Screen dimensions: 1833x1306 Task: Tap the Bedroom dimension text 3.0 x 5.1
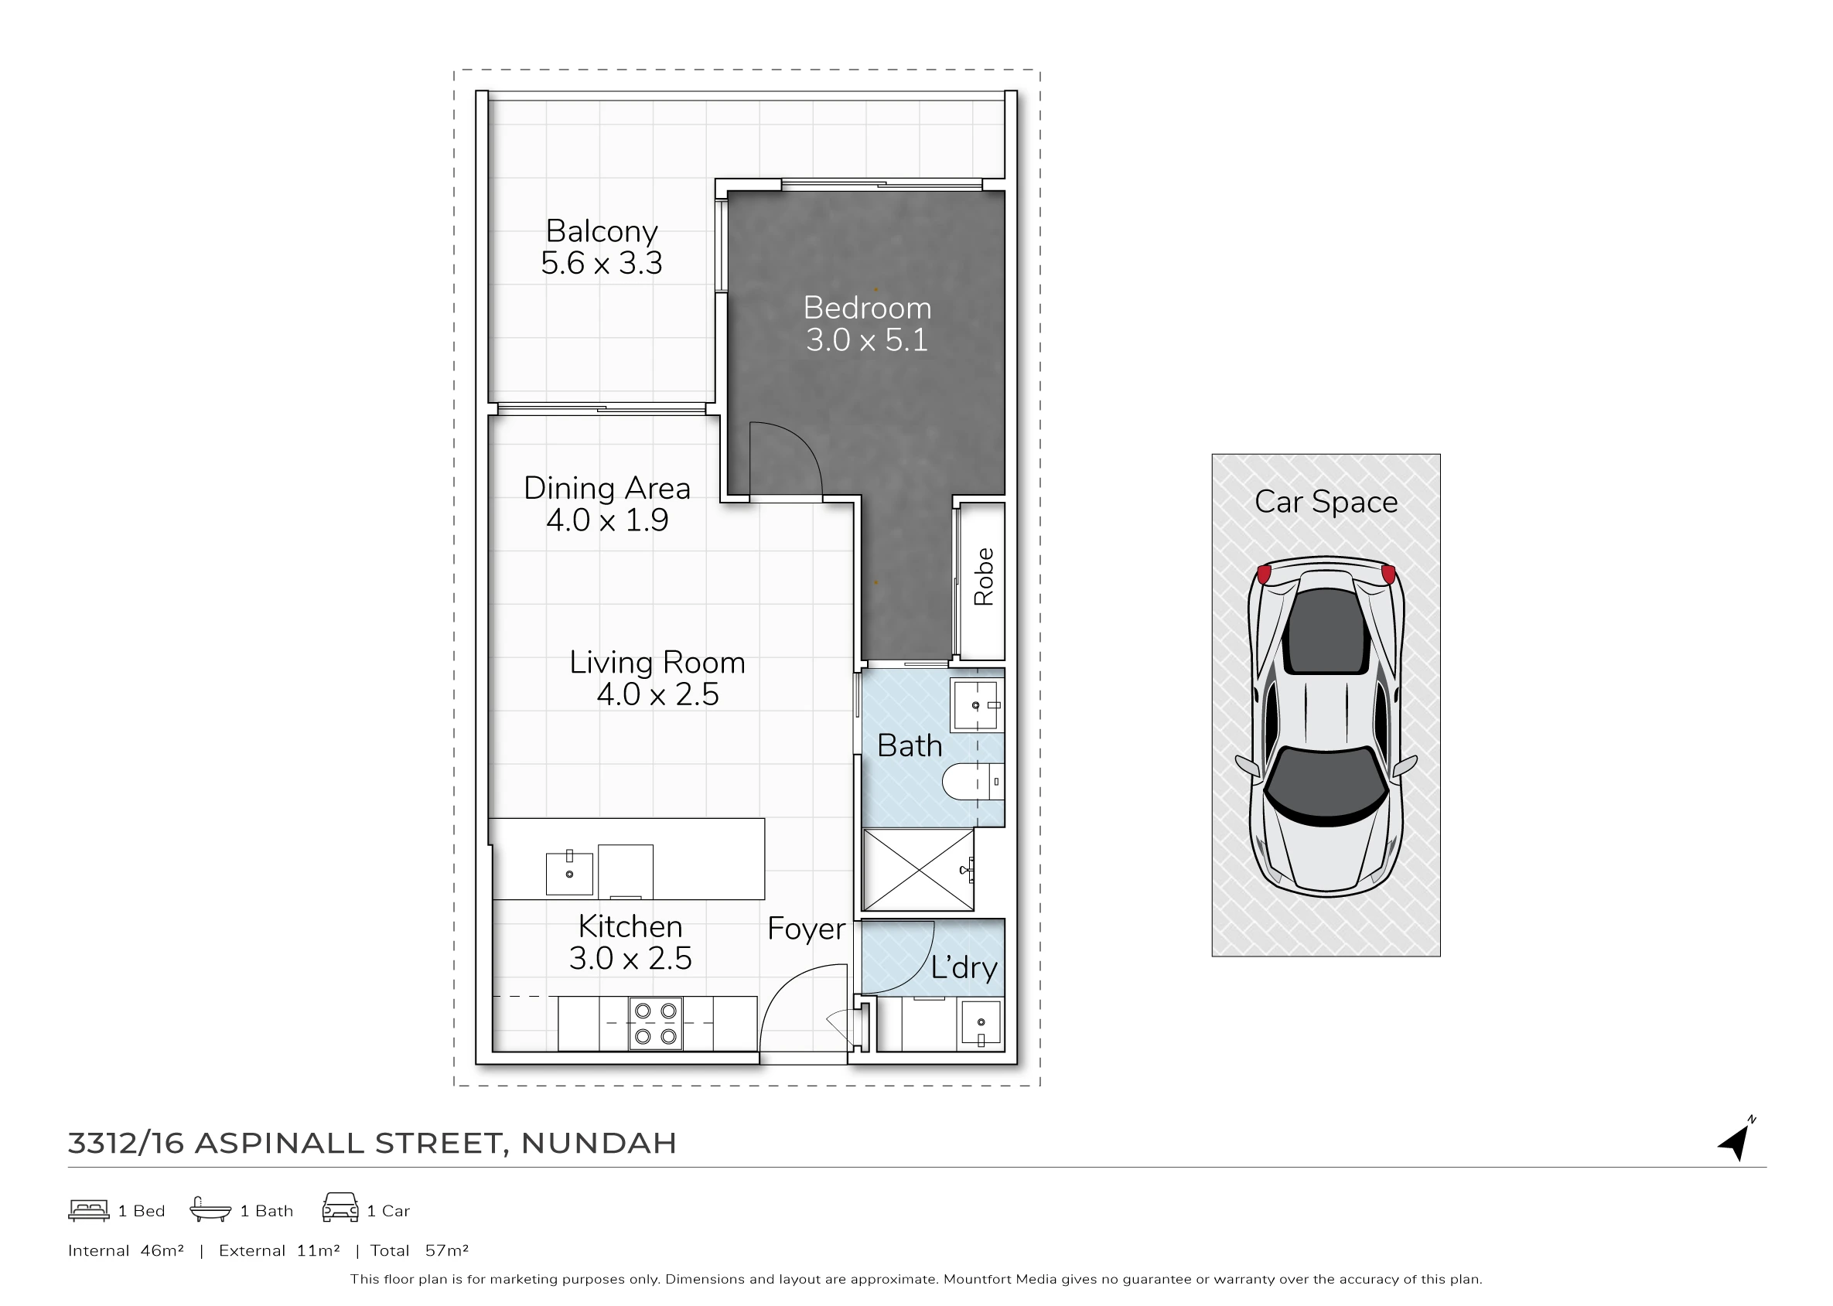pyautogui.click(x=867, y=340)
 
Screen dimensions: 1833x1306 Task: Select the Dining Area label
pyautogui.click(x=607, y=488)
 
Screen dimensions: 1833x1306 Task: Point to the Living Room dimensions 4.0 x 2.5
pyautogui.click(x=657, y=694)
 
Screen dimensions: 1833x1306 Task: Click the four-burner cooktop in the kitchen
pyautogui.click(x=656, y=1024)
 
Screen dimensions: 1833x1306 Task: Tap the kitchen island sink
pyautogui.click(x=569, y=872)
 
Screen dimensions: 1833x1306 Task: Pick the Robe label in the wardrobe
pyautogui.click(x=984, y=577)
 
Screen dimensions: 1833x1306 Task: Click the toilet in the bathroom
pyautogui.click(x=972, y=781)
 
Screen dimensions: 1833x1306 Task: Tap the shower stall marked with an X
pyautogui.click(x=918, y=870)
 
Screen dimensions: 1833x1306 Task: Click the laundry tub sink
pyautogui.click(x=981, y=1024)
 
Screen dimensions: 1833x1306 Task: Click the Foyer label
pyautogui.click(x=806, y=929)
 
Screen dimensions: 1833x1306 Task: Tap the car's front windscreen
pyautogui.click(x=1326, y=784)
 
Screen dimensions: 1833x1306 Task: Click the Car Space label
pyautogui.click(x=1326, y=502)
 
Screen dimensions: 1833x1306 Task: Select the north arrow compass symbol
pyautogui.click(x=1737, y=1139)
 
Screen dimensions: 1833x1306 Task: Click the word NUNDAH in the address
pyautogui.click(x=599, y=1143)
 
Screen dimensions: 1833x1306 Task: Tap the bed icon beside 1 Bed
pyautogui.click(x=88, y=1209)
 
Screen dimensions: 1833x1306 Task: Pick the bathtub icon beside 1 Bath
pyautogui.click(x=210, y=1209)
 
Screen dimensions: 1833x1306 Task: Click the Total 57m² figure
pyautogui.click(x=419, y=1250)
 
